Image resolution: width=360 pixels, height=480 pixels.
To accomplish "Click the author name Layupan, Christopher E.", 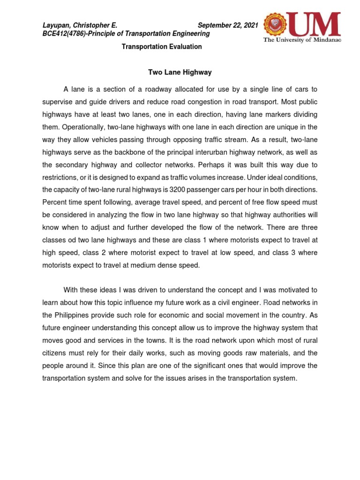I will click(x=80, y=25).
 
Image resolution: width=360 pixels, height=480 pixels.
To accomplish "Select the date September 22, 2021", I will click(x=228, y=25).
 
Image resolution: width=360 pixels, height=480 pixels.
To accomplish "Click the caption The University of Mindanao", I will click(x=302, y=40).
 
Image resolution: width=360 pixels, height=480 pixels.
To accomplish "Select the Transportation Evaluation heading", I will click(x=162, y=47).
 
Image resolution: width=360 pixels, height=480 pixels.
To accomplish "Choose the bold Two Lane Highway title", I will click(x=180, y=72).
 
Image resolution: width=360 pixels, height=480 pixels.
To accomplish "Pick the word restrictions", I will click(x=60, y=177).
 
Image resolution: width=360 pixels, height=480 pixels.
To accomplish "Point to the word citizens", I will click(x=56, y=353).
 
